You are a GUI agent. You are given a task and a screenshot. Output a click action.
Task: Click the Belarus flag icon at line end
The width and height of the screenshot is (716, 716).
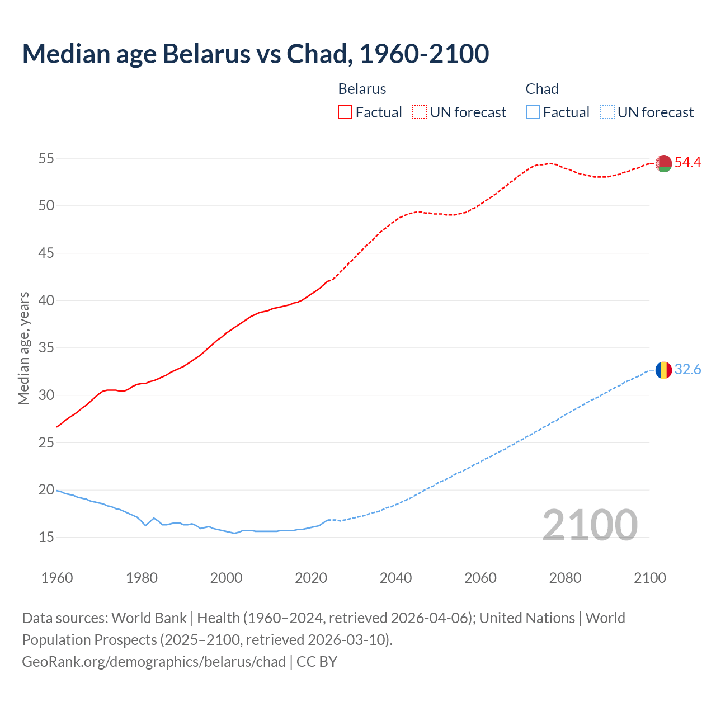[663, 163]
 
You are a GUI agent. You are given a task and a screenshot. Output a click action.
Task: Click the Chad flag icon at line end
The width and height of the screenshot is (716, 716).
[663, 370]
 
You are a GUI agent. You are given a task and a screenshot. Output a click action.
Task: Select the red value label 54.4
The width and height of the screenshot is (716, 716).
[687, 163]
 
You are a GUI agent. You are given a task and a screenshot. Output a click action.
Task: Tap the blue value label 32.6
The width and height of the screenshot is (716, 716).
[687, 370]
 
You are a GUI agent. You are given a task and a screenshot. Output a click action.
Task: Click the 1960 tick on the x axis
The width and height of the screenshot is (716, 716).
[57, 578]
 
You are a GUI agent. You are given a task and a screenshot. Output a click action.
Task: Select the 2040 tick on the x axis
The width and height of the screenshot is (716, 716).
[395, 578]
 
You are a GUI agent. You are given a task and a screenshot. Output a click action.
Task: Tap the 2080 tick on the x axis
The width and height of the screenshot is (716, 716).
[565, 578]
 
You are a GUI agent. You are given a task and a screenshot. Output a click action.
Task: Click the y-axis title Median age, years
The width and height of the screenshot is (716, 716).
[23, 348]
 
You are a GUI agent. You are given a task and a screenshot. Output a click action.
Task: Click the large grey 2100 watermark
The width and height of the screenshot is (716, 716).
[590, 525]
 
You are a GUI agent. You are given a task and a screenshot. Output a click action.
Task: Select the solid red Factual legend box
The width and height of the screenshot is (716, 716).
[345, 112]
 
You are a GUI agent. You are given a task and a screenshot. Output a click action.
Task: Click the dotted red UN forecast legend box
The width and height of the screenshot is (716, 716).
[420, 112]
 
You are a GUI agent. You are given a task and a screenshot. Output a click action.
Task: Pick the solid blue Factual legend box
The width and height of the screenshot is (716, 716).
[533, 112]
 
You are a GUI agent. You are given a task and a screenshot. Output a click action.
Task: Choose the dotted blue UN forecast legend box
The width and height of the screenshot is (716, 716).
[607, 112]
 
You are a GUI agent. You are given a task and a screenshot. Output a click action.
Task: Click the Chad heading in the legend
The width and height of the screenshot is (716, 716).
[541, 89]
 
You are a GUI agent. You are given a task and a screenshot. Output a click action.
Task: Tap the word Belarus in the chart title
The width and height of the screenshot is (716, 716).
[206, 54]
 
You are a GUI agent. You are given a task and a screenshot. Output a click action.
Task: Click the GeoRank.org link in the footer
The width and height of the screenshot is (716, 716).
[154, 662]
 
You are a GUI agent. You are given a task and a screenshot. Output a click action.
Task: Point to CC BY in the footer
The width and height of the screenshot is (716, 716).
[317, 662]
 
